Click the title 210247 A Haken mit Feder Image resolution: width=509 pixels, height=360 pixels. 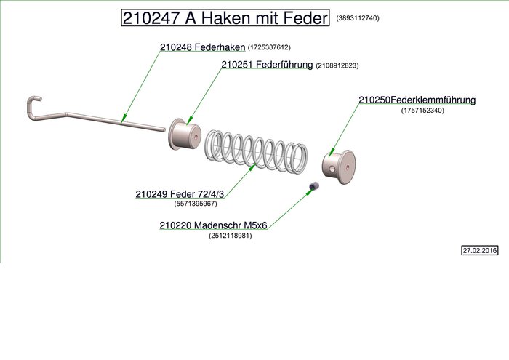225,18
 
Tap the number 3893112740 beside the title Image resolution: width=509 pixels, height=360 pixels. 357,18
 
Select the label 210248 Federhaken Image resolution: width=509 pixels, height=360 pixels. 203,47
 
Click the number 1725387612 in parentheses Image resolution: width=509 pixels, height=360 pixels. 269,47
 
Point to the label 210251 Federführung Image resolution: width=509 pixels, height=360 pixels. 267,65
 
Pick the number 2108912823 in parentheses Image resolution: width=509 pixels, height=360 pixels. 337,65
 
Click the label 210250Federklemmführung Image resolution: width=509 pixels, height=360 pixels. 417,100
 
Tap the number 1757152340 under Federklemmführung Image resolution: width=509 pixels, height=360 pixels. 422,111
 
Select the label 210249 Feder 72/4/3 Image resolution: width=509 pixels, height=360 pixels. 180,194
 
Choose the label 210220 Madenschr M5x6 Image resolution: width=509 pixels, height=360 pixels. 213,225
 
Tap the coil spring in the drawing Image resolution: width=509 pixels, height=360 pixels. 254,151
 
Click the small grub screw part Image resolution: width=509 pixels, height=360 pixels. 314,188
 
